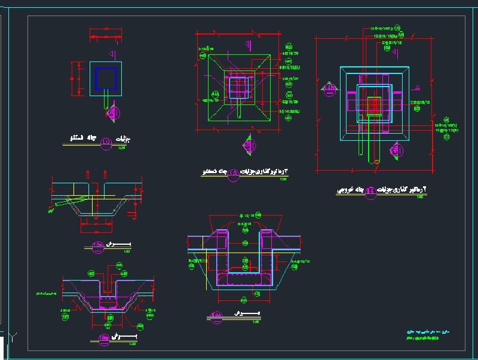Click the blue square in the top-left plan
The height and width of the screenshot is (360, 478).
[x=106, y=78]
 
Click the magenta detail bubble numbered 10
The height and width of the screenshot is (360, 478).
[x=106, y=141]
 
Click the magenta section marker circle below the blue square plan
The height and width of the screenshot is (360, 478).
[x=115, y=112]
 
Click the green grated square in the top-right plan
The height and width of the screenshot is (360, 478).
[x=374, y=106]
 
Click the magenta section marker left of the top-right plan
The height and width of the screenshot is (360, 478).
[x=330, y=90]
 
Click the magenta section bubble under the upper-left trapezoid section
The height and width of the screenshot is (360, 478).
[x=98, y=245]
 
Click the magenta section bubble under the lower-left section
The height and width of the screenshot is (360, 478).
[x=104, y=338]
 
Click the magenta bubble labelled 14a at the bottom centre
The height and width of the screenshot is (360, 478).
[x=217, y=315]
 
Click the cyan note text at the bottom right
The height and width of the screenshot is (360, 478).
[x=418, y=331]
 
